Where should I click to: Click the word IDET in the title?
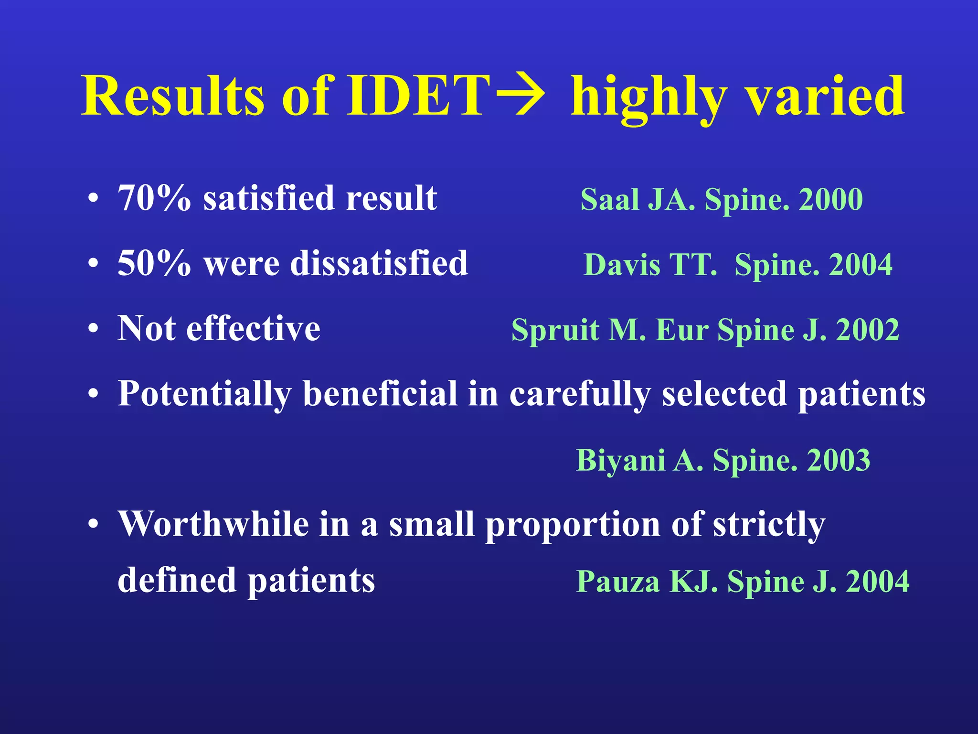pyautogui.click(x=417, y=96)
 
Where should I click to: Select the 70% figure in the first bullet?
pyautogui.click(x=154, y=198)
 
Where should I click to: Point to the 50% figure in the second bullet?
pyautogui.click(x=154, y=263)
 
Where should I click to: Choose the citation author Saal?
pyautogui.click(x=609, y=200)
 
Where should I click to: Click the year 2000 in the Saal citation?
pyautogui.click(x=830, y=200)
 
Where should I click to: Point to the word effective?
pyautogui.click(x=253, y=329)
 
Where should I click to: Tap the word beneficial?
pyautogui.click(x=380, y=394)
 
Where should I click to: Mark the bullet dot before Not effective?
pyautogui.click(x=94, y=329)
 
